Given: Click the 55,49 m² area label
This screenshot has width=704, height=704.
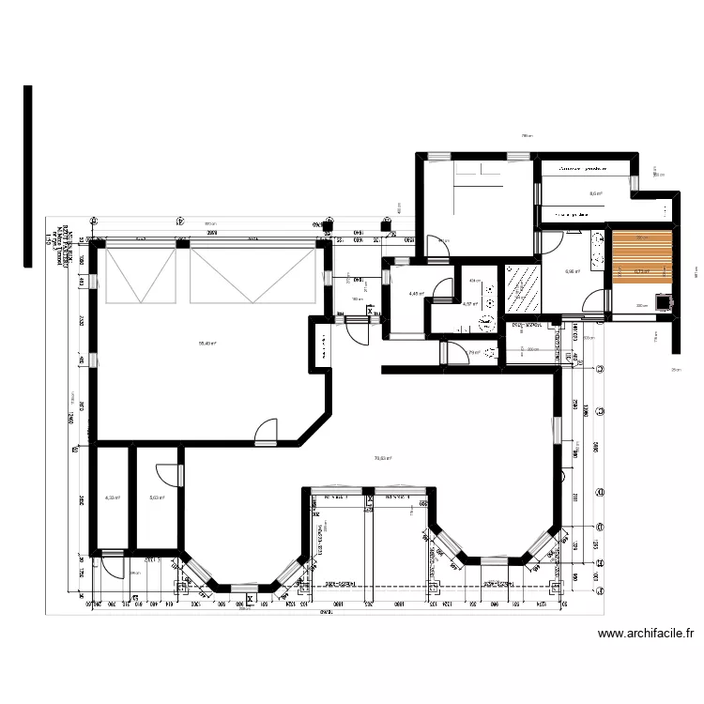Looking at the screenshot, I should (207, 343).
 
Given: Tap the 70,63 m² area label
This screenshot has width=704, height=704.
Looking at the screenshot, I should (383, 458).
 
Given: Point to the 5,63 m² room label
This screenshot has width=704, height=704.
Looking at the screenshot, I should (157, 498).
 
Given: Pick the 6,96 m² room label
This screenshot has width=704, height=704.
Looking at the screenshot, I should (574, 272).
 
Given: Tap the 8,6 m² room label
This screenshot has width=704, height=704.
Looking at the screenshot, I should (595, 194).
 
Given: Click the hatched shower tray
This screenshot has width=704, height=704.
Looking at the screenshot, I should (522, 286).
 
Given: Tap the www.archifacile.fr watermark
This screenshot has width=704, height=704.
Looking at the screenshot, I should (648, 635).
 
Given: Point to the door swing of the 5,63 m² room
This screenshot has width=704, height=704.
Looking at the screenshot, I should (166, 475).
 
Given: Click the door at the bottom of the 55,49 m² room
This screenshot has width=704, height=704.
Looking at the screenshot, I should (268, 431).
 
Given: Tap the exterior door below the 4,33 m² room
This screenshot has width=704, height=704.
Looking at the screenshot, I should (113, 564).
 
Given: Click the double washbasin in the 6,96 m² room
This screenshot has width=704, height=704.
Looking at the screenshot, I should (597, 251).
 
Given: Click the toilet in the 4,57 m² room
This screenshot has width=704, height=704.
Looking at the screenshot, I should (484, 322).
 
